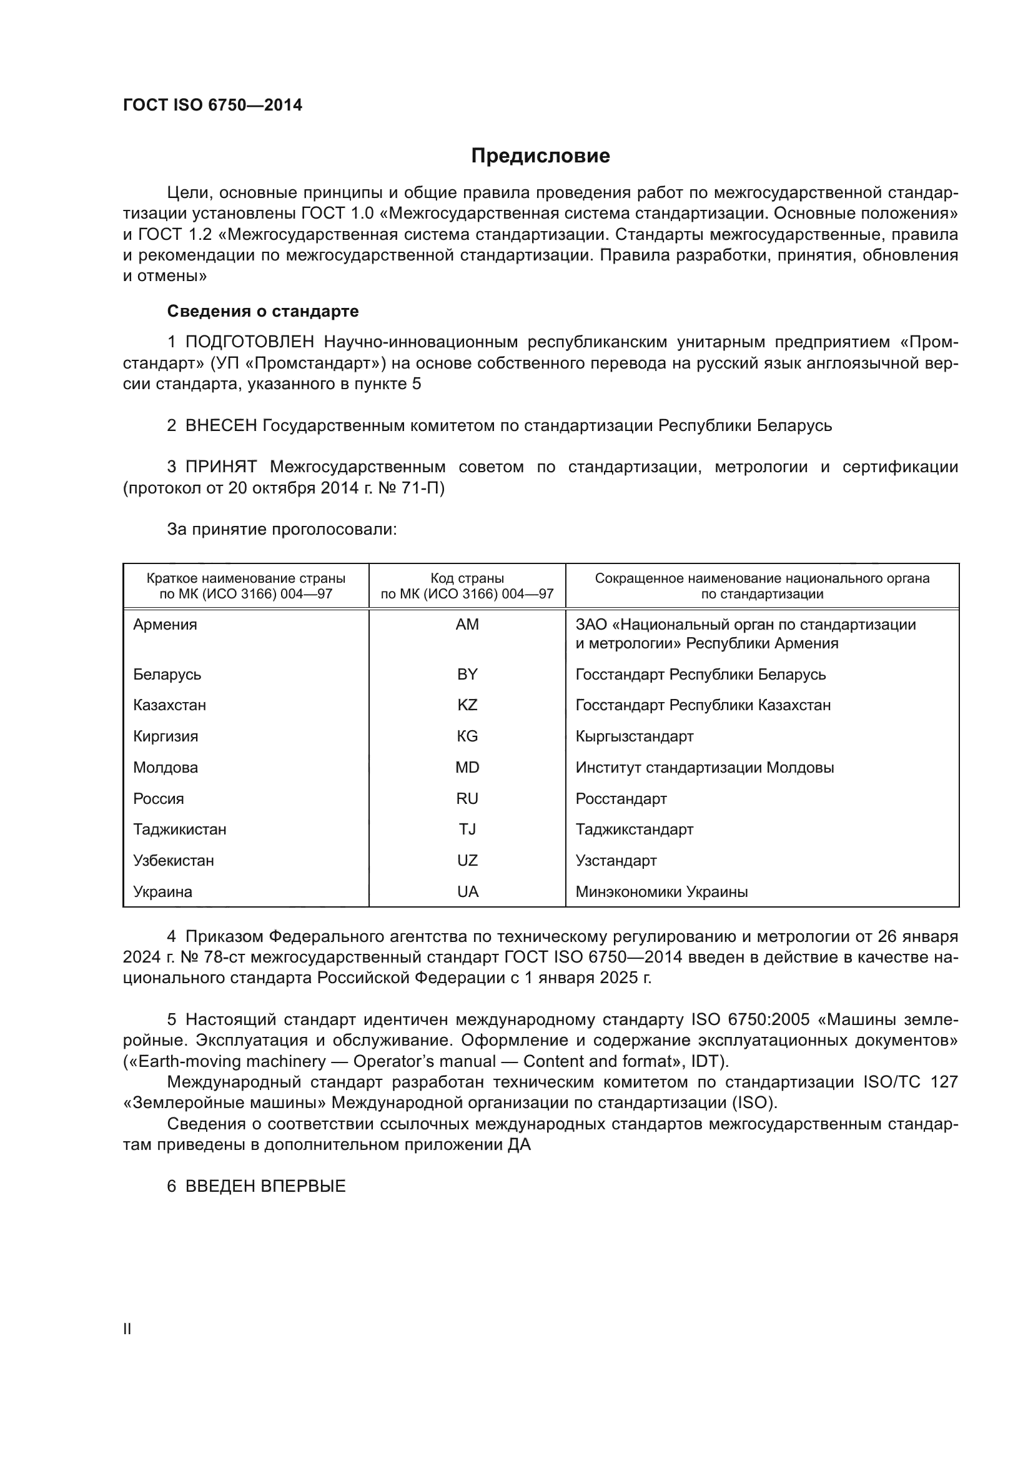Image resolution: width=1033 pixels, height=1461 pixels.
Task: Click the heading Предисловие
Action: (x=540, y=156)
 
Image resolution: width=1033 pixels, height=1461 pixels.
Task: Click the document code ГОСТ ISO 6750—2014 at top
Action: (x=212, y=106)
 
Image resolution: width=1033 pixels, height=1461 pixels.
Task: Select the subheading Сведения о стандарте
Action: (x=263, y=311)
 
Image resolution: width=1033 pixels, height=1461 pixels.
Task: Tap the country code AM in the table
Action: (x=467, y=624)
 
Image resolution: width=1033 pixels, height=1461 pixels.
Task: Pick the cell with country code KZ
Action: (x=467, y=705)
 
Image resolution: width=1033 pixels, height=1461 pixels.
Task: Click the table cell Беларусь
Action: (x=167, y=674)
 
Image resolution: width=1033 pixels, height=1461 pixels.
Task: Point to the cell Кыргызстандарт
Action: (x=634, y=736)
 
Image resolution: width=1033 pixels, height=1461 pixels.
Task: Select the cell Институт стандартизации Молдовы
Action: (x=704, y=768)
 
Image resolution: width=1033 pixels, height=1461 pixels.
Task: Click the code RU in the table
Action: (x=467, y=799)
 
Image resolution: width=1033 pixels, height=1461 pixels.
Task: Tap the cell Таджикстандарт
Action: (x=634, y=830)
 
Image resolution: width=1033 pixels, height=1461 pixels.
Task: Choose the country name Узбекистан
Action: (x=174, y=861)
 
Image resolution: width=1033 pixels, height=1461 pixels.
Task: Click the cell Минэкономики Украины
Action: (x=661, y=892)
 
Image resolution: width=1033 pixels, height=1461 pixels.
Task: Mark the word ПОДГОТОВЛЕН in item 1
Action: (x=249, y=342)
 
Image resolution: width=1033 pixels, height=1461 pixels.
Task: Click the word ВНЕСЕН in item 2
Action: (x=220, y=426)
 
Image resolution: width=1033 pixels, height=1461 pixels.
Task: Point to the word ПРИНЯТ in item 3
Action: (x=220, y=467)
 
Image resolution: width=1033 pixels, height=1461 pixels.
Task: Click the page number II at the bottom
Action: (x=127, y=1329)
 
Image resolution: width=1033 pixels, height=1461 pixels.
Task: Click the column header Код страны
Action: (x=467, y=578)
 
